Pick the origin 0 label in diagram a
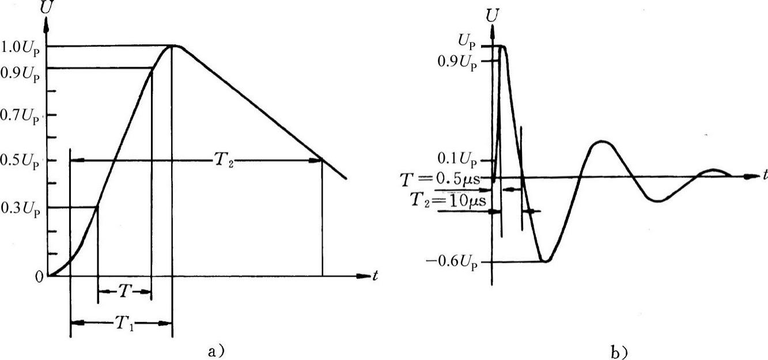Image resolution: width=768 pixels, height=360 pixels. (x=39, y=277)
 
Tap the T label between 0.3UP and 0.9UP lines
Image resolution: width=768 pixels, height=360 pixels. (x=124, y=291)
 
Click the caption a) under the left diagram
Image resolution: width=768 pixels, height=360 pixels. (x=217, y=351)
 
